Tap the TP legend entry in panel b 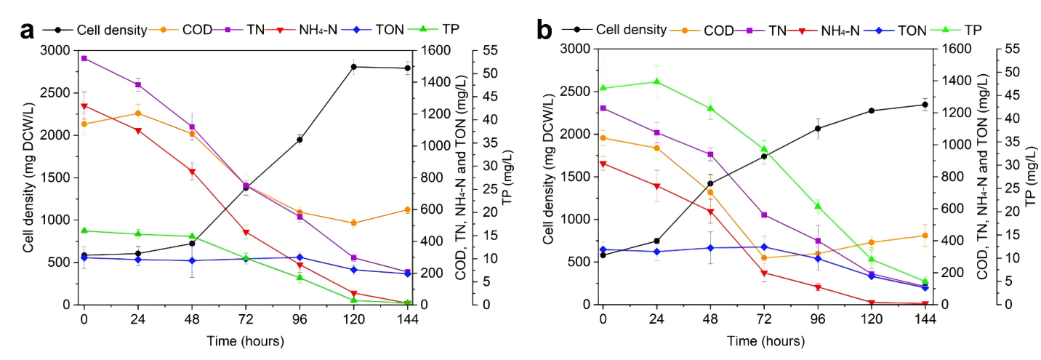point(972,30)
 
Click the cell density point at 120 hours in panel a point(353,67)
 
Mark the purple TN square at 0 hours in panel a point(84,58)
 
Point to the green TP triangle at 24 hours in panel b point(656,81)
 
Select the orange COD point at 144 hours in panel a point(407,209)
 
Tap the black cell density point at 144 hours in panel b point(925,105)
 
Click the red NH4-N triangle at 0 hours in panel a point(84,106)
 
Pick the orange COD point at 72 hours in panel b point(764,257)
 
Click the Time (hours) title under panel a point(245,340)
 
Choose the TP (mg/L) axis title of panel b point(1029,177)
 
